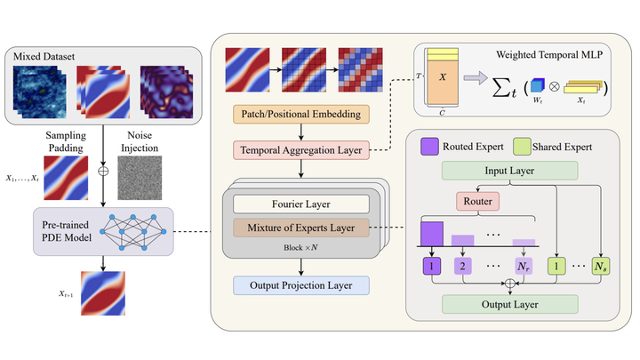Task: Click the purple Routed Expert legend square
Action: (x=426, y=145)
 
